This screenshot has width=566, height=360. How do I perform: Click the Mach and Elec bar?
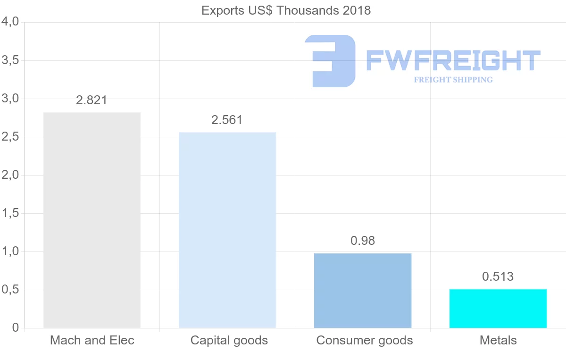click(x=92, y=220)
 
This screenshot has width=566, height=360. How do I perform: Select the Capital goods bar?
click(x=227, y=230)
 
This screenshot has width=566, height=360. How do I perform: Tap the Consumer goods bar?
click(x=363, y=290)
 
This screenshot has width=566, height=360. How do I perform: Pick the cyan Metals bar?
click(x=498, y=308)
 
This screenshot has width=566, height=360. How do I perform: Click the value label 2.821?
click(x=92, y=100)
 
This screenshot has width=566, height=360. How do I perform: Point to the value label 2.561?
click(x=227, y=120)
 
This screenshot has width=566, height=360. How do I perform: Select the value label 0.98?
click(x=363, y=241)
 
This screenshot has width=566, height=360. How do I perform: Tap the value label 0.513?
click(x=498, y=276)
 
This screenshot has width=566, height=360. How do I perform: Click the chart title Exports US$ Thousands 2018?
click(x=286, y=10)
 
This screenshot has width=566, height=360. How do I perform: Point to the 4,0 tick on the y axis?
click(x=10, y=22)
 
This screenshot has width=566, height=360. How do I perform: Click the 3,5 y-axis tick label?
click(x=10, y=60)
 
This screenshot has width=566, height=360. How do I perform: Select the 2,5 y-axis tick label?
click(x=10, y=137)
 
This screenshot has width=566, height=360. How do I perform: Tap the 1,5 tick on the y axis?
click(x=10, y=213)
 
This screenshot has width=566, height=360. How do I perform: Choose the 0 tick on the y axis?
click(x=16, y=328)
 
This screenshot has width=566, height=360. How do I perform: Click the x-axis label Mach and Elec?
click(x=92, y=340)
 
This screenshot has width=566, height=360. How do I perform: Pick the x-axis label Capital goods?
click(x=229, y=340)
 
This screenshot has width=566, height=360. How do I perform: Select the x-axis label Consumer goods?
click(x=365, y=340)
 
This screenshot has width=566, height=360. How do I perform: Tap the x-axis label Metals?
click(x=498, y=340)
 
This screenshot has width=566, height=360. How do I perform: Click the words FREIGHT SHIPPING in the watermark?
click(x=453, y=80)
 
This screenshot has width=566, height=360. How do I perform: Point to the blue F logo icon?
click(x=330, y=61)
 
